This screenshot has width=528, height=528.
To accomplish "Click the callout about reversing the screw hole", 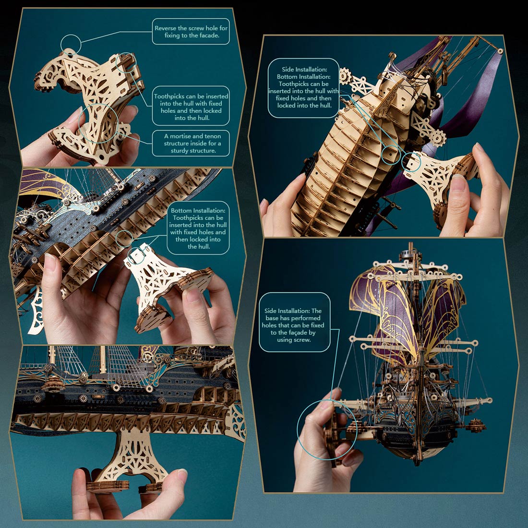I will [191, 32].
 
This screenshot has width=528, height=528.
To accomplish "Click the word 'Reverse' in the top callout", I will [165, 28].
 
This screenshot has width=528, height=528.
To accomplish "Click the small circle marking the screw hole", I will [71, 45].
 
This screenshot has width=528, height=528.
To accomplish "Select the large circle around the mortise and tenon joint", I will [99, 122].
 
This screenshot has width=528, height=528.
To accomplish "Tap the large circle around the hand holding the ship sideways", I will [327, 430].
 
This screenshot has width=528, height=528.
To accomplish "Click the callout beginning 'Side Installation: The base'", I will [294, 322].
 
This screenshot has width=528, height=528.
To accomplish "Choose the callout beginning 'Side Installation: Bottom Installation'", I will [303, 87].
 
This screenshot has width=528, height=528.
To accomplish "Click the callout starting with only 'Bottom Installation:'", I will [198, 228].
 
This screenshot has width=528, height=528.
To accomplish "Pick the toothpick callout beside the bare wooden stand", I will [191, 107].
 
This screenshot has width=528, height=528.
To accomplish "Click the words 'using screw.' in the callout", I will [294, 340].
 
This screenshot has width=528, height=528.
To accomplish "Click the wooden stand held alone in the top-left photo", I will [91, 106].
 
